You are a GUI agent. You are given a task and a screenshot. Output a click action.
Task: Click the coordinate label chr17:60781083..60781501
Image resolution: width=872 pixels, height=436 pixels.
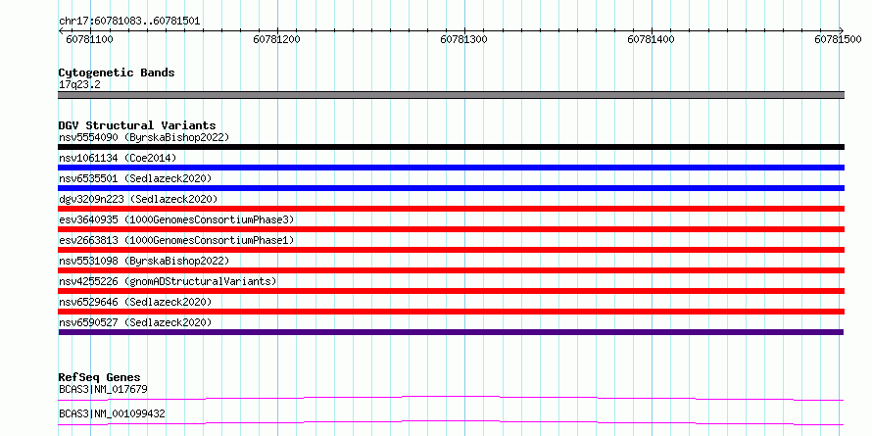click(129, 22)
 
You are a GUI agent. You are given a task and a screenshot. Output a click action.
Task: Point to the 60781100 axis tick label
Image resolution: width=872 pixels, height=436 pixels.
click(89, 39)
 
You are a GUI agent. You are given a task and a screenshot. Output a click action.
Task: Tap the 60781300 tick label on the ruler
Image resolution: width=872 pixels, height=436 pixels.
click(463, 39)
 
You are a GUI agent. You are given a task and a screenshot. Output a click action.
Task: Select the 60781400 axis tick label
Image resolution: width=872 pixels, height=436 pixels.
click(651, 39)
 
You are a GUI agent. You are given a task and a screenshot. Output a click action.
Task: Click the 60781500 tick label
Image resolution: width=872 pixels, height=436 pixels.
click(838, 39)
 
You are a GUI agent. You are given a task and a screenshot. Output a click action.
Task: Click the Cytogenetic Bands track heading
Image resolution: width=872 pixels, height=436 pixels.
click(117, 73)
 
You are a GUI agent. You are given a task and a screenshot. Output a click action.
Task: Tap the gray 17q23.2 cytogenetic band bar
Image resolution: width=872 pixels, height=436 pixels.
click(451, 95)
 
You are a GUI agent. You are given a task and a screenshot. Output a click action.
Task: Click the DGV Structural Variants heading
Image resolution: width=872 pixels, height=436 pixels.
click(137, 125)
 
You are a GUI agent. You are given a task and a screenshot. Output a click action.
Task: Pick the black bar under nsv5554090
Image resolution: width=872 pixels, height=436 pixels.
click(451, 147)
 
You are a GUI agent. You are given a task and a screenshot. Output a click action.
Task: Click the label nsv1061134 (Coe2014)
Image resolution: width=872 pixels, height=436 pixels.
click(118, 158)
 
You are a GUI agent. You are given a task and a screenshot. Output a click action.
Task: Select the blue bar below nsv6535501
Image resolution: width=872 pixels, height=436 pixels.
click(451, 188)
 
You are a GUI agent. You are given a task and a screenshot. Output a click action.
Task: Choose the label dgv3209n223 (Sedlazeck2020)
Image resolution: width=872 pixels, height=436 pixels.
click(138, 199)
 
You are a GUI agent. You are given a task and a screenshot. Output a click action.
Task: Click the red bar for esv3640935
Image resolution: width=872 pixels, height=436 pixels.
click(451, 229)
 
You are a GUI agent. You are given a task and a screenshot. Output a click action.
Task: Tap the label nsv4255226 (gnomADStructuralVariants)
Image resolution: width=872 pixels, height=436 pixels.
click(168, 281)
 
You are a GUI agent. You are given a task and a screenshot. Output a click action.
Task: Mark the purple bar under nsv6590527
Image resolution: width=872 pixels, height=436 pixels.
click(451, 332)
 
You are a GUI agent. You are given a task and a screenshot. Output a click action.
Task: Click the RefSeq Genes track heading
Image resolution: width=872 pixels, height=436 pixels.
click(100, 378)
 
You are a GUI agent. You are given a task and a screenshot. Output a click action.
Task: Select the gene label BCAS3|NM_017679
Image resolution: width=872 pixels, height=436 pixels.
click(103, 389)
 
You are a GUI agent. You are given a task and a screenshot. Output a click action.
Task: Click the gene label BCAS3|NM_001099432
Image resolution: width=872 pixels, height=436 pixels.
click(112, 414)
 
